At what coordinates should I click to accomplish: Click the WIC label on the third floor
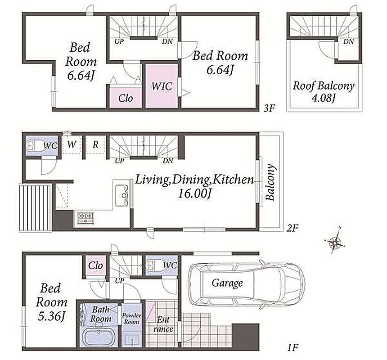[162, 86]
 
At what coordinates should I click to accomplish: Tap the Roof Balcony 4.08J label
[324, 91]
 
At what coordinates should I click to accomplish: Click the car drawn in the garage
[246, 283]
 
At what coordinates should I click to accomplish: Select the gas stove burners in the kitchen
[85, 218]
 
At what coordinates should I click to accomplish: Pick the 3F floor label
[269, 108]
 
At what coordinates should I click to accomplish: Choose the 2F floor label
[292, 229]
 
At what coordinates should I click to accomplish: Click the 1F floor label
[293, 348]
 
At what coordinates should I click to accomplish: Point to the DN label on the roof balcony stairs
[348, 41]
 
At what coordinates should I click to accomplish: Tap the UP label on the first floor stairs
[120, 280]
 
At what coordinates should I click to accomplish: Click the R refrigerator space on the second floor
[95, 144]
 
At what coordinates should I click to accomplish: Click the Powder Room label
[131, 319]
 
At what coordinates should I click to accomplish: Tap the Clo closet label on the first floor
[95, 266]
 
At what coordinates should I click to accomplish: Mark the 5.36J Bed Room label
[51, 302]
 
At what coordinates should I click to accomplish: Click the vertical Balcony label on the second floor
[270, 182]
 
